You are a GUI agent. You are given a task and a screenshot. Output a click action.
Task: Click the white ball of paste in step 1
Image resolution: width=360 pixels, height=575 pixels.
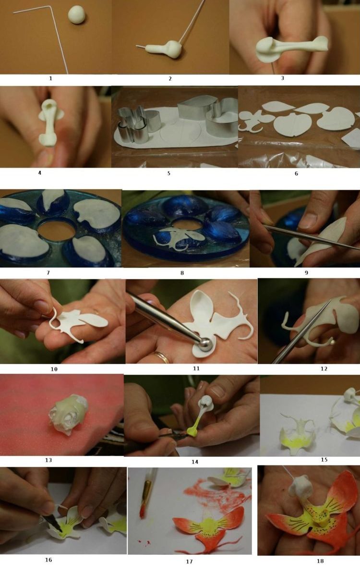(x=77, y=15)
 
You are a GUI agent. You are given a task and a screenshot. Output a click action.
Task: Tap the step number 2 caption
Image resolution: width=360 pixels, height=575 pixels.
(x=170, y=78)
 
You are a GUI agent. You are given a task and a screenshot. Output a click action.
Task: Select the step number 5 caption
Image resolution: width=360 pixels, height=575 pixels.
(x=168, y=173)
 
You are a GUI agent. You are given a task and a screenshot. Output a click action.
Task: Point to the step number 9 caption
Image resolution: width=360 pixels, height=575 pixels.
(x=306, y=272)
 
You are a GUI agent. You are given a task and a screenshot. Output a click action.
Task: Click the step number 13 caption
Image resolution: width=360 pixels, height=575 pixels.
(x=48, y=460)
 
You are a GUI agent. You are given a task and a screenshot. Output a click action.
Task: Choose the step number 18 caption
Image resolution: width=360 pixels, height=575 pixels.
(x=320, y=561)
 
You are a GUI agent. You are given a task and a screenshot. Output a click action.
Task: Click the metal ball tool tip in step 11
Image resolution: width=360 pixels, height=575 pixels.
(x=204, y=345)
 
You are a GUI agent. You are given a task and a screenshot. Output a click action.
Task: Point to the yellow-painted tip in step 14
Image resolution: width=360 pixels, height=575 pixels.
(x=192, y=432)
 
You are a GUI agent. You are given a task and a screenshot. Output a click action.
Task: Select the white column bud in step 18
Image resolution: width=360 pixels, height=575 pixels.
(x=300, y=486)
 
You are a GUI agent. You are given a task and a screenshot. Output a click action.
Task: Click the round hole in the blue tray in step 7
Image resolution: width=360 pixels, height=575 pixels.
(x=57, y=230)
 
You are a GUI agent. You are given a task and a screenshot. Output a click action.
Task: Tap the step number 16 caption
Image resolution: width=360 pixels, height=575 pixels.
(x=48, y=560)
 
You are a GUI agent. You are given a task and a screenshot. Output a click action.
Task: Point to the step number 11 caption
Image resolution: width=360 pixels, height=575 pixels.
(x=196, y=368)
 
